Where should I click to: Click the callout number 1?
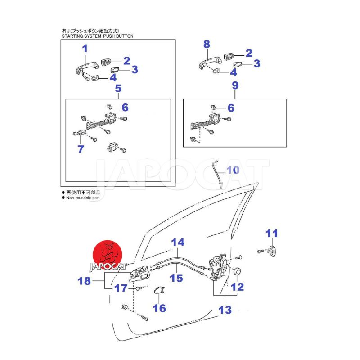[85, 49]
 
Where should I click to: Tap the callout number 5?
[118, 88]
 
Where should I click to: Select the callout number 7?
[80, 149]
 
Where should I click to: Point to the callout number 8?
[207, 44]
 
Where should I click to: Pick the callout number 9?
[235, 85]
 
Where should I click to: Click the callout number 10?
[233, 171]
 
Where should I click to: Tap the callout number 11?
[271, 234]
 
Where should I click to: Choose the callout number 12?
[237, 286]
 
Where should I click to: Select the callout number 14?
[178, 243]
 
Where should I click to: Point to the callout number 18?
[84, 281]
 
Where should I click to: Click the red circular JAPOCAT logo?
[108, 256]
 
